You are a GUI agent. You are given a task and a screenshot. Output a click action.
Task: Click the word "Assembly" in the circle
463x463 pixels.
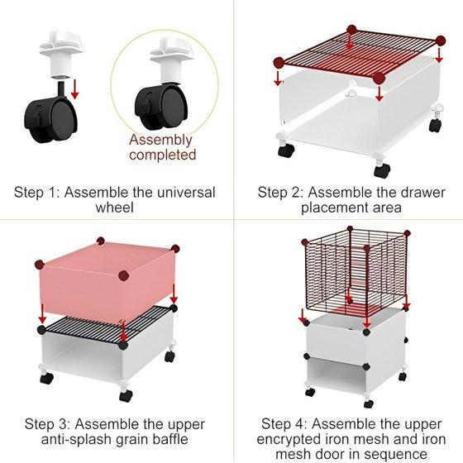click(160, 141)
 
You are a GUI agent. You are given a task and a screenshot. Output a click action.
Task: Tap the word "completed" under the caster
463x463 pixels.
click(162, 155)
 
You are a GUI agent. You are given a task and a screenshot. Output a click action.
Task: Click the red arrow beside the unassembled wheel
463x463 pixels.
click(74, 89)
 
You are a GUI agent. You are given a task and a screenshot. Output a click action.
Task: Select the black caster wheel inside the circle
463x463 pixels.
click(161, 107)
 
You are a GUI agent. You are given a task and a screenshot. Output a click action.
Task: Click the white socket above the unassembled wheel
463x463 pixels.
click(61, 55)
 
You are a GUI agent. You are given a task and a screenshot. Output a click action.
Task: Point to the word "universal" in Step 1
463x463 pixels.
click(186, 193)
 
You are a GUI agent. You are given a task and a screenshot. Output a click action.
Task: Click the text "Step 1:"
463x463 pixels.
click(37, 193)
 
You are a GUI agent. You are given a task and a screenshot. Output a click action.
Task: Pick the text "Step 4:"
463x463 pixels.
click(284, 424)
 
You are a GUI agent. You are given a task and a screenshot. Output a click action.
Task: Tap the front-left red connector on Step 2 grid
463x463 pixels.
click(279, 63)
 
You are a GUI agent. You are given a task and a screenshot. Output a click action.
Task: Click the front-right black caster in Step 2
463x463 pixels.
click(382, 170)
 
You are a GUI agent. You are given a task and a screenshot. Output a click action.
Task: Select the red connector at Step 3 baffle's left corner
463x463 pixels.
click(40, 265)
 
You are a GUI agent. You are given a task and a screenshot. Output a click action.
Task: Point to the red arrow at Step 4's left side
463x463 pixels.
click(302, 316)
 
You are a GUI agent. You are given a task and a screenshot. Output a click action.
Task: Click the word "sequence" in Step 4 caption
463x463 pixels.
click(399, 454)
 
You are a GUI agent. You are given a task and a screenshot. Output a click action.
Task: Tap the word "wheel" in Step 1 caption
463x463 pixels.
click(115, 207)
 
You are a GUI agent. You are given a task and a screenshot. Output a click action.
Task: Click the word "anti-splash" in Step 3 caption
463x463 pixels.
click(76, 439)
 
